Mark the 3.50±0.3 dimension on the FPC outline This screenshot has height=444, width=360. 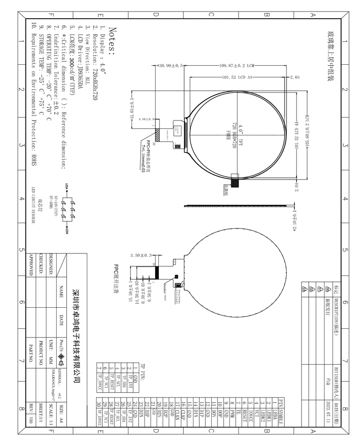tap(142, 255)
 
